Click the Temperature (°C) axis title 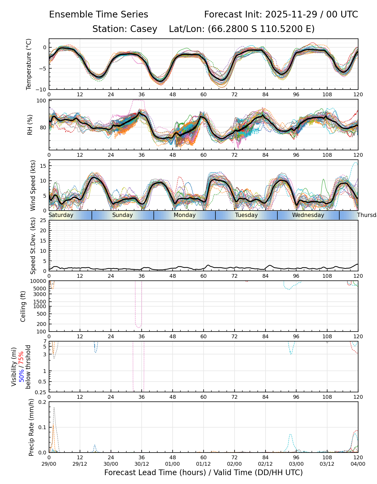29,64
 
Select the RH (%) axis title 30,125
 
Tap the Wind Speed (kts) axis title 33,185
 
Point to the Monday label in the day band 184,215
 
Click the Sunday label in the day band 123,215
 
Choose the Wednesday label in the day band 308,215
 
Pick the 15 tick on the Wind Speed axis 43,166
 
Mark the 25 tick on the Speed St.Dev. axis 43,220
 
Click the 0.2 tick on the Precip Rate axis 43,402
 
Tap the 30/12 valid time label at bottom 142,464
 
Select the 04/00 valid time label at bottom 358,464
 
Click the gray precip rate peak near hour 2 54,408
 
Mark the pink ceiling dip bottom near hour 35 139,328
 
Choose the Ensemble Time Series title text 99,15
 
